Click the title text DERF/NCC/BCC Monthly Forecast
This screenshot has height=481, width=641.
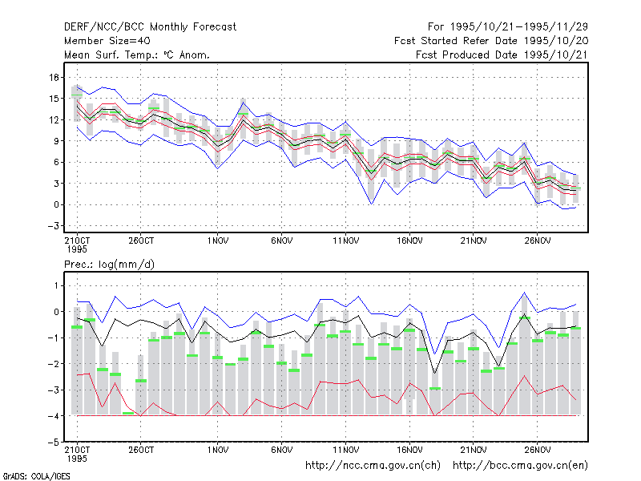pos(150,27)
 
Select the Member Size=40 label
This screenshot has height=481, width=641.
pos(107,41)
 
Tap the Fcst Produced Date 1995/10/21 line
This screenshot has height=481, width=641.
pos(502,55)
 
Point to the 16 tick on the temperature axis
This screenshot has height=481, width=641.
pos(54,77)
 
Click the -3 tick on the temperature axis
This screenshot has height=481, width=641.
pos(53,226)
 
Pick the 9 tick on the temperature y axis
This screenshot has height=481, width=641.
pos(56,141)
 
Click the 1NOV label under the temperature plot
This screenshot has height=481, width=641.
pos(217,241)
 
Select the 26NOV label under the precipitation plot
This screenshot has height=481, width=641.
pos(537,450)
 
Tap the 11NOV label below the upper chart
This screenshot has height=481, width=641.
pos(345,241)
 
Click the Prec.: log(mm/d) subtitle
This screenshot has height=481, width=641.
pos(109,265)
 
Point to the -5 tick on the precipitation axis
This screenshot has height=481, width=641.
pos(53,443)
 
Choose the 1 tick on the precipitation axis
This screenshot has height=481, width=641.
pos(56,285)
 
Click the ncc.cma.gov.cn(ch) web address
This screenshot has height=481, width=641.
pos(373,466)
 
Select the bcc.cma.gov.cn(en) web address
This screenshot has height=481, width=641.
pos(520,466)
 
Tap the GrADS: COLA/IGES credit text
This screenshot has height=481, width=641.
pos(36,476)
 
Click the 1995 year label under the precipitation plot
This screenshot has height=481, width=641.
pos(77,459)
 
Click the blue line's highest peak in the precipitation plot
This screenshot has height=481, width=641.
pos(525,293)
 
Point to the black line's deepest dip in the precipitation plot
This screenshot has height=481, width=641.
pos(435,373)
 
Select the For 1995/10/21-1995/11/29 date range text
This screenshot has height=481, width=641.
pos(508,27)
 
